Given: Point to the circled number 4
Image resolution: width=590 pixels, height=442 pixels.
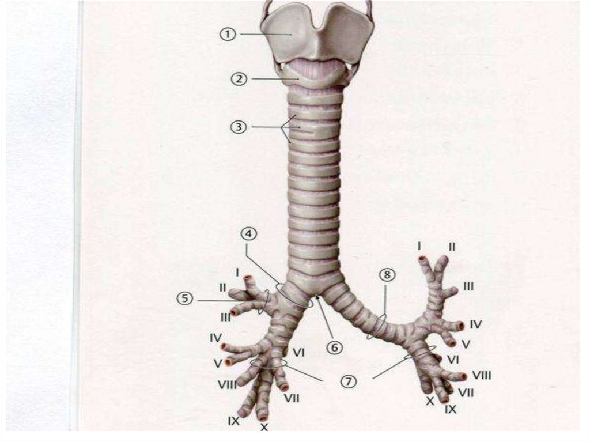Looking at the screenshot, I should [x=249, y=235].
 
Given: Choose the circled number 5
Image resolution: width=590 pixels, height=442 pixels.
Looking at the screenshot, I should [x=185, y=299].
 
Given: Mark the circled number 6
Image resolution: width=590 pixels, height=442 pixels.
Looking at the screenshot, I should [x=335, y=347].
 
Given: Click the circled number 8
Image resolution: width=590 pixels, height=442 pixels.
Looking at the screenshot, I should [x=387, y=275].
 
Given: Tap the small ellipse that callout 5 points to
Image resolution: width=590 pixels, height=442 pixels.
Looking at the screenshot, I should [x=264, y=301].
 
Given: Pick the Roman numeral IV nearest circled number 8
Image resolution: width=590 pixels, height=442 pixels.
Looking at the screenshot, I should [x=475, y=324].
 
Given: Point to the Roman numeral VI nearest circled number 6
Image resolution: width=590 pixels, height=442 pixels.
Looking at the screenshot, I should [x=298, y=352].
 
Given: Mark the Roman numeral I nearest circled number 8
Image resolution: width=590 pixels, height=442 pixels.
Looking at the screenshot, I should [x=419, y=246].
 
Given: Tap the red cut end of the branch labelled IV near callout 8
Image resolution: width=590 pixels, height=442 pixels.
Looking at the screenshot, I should [x=460, y=326].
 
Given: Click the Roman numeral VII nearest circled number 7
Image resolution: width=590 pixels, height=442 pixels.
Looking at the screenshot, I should [x=292, y=397].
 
